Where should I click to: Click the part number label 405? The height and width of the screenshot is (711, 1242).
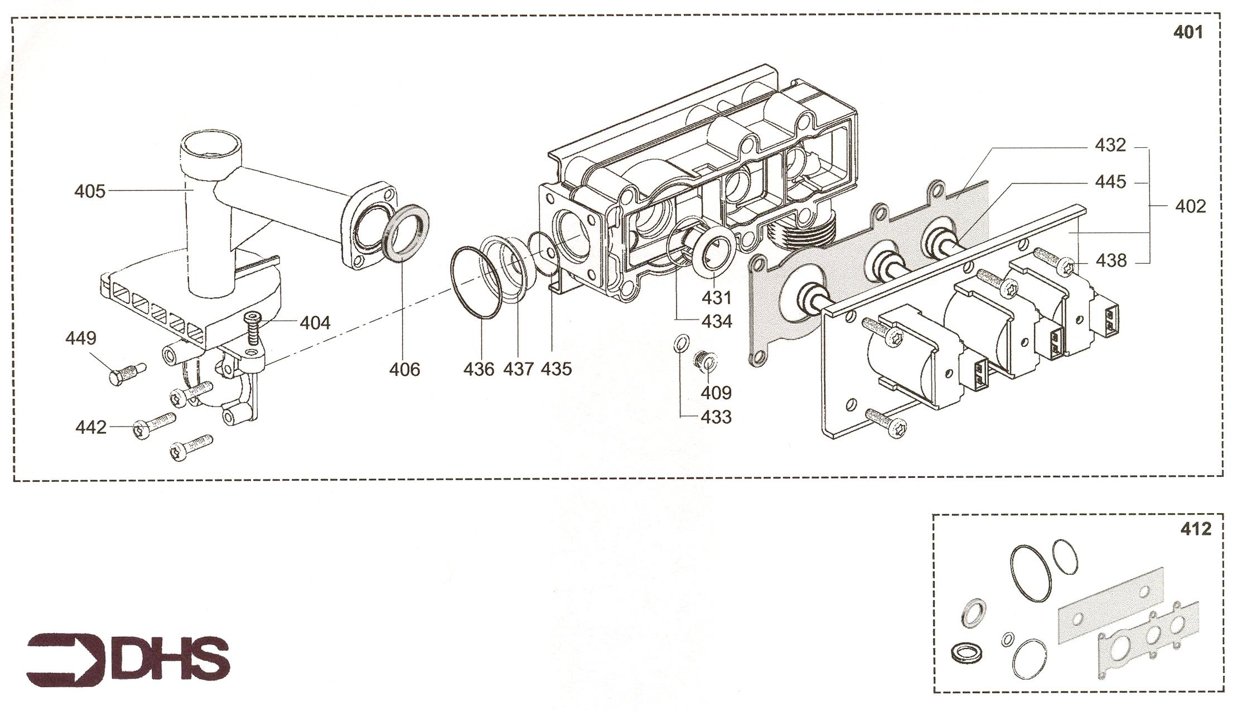pos(90,191)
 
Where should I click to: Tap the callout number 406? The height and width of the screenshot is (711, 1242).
pos(404,369)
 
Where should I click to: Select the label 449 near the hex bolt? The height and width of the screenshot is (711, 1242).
pos(81,338)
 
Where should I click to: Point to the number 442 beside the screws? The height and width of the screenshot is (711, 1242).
pos(91,428)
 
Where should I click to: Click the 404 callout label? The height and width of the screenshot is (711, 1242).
pos(315,322)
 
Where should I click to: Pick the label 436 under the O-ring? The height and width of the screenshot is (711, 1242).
pos(479,369)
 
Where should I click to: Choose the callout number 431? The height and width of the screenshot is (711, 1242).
pos(716,298)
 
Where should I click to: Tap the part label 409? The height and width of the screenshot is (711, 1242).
pos(716,393)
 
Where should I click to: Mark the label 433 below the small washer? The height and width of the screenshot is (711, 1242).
pos(716,417)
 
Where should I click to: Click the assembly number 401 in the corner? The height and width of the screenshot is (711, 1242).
pos(1188,32)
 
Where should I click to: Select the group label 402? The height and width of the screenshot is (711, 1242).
pos(1191,206)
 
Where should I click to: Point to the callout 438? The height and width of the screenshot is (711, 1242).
pos(1111,260)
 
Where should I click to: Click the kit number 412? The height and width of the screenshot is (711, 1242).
pos(1196,529)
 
